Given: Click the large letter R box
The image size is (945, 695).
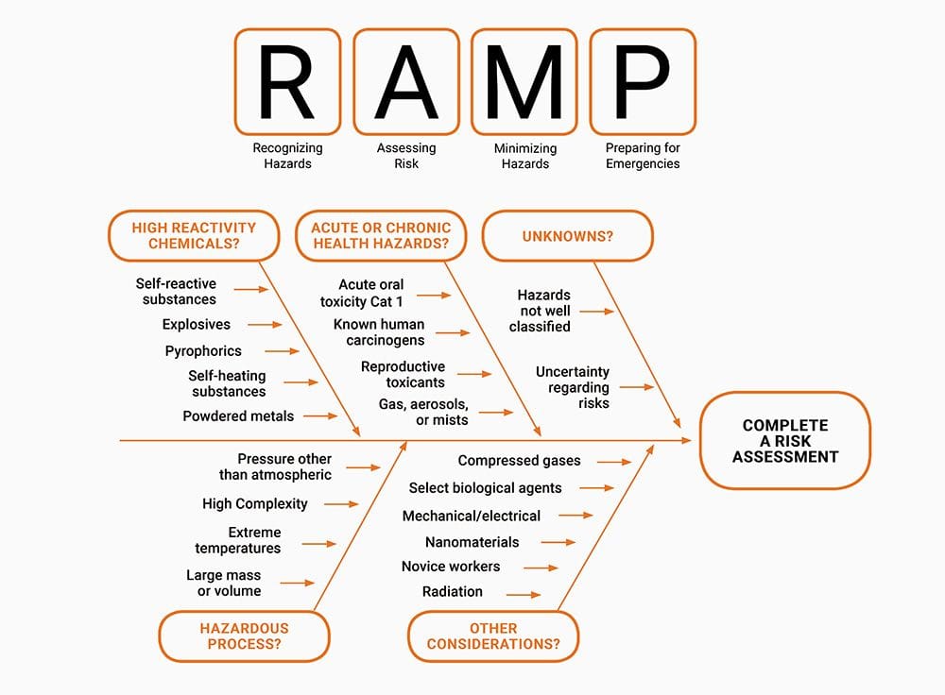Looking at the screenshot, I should pyautogui.click(x=287, y=81).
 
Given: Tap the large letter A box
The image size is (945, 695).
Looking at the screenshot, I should pyautogui.click(x=406, y=81).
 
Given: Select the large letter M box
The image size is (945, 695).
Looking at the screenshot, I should pyautogui.click(x=524, y=81).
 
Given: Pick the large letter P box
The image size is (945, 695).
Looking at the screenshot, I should pyautogui.click(x=643, y=81).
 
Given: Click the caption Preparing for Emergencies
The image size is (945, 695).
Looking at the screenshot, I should pyautogui.click(x=643, y=156).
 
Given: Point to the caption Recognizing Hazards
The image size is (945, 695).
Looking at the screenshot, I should pyautogui.click(x=287, y=156).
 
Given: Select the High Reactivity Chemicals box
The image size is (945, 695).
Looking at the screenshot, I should pyautogui.click(x=194, y=236).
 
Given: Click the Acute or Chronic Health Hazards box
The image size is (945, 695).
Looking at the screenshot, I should pyautogui.click(x=381, y=236).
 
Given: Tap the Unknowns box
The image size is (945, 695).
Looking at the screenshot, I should pyautogui.click(x=567, y=236).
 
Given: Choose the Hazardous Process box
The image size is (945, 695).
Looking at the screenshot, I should pyautogui.click(x=244, y=636).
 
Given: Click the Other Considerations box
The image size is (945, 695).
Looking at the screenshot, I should pyautogui.click(x=492, y=636).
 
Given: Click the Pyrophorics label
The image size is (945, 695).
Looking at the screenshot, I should pyautogui.click(x=203, y=351).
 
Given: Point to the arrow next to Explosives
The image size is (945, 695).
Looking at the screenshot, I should pyautogui.click(x=265, y=325).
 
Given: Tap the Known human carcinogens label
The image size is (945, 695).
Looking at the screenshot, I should pyautogui.click(x=379, y=332).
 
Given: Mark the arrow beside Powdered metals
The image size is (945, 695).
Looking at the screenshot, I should pyautogui.click(x=320, y=415).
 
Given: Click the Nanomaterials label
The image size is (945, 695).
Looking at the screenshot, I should pyautogui.click(x=472, y=542).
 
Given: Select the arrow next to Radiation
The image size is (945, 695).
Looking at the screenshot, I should pyautogui.click(x=524, y=595).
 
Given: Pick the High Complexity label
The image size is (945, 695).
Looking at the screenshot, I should pyautogui.click(x=254, y=504).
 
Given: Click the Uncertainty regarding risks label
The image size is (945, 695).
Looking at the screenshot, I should pyautogui.click(x=573, y=387).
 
